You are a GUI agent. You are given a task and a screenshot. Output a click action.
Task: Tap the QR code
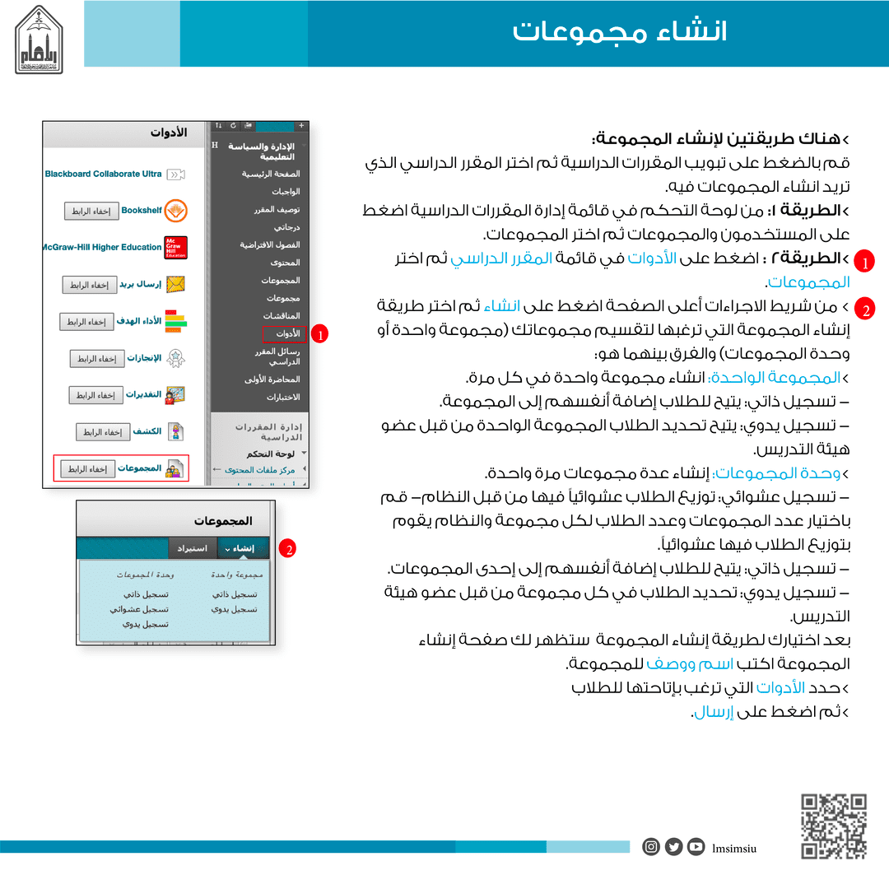click(833, 826)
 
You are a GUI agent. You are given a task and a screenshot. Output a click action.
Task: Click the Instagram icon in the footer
click(651, 846)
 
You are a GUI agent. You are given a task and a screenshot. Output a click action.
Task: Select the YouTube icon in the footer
click(696, 846)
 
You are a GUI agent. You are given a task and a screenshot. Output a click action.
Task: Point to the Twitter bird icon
click(674, 846)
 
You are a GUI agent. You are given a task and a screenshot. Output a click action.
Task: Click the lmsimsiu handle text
click(734, 847)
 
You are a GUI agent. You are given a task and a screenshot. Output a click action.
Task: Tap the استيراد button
click(193, 548)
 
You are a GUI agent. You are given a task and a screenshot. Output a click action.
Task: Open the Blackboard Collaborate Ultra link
click(104, 175)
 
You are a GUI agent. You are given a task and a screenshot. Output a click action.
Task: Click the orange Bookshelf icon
click(175, 211)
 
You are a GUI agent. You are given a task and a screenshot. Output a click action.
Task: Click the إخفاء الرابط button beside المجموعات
click(87, 469)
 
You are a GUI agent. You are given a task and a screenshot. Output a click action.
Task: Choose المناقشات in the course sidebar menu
click(282, 316)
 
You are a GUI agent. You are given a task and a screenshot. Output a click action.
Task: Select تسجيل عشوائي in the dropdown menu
click(139, 609)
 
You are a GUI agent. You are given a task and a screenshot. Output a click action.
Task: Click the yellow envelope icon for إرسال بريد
click(175, 285)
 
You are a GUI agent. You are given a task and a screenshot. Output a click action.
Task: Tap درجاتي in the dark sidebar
click(286, 226)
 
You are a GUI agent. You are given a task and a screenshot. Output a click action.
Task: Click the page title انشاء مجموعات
click(620, 33)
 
